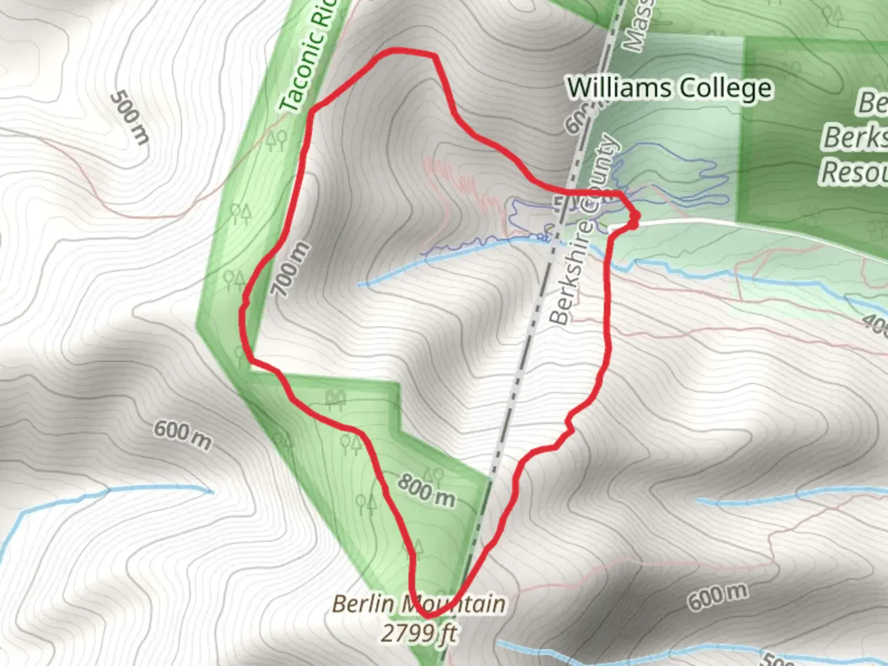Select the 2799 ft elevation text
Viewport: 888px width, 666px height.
point(419,633)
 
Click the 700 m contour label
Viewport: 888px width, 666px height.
point(290,269)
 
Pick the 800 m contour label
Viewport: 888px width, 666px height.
point(426,490)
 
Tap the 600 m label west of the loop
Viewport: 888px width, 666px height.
point(182,435)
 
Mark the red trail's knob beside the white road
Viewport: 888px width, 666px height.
point(633,220)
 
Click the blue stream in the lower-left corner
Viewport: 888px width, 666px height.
point(111,491)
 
